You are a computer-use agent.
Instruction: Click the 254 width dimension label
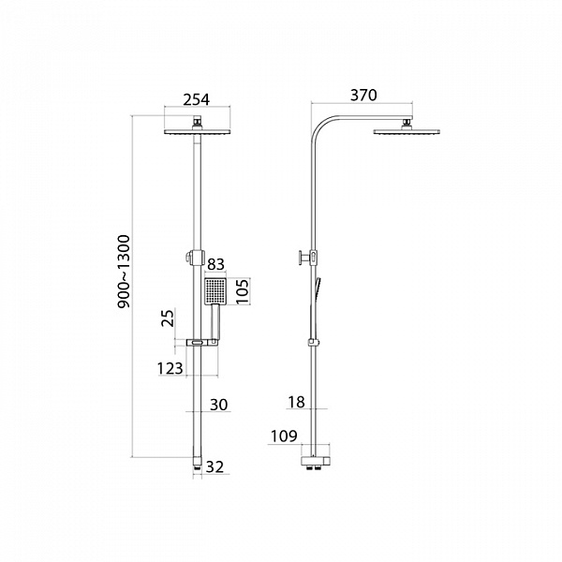point(196,99)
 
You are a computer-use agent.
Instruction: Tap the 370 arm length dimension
point(363,96)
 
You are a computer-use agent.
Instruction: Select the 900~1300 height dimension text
point(124,272)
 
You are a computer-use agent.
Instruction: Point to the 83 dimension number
point(215,264)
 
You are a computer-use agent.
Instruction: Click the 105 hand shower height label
point(243,291)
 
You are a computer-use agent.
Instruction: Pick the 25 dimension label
point(168,318)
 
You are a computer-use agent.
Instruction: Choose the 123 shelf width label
point(170,368)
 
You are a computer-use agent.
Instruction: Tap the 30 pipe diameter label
point(218,405)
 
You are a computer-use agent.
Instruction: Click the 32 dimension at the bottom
point(214,467)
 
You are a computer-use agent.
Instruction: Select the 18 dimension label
point(296,402)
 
